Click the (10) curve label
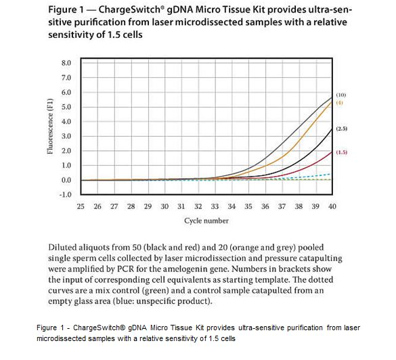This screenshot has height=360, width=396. [x=340, y=95]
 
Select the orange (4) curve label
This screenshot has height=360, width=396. [x=340, y=103]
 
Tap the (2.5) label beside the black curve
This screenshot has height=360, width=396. [x=341, y=129]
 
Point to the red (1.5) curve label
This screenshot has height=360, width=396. [x=341, y=152]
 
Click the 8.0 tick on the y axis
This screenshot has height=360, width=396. [x=66, y=63]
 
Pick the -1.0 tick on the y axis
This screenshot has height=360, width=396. [x=65, y=195]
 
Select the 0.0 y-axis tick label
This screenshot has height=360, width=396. [x=66, y=180]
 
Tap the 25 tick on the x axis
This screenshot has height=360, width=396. [x=81, y=206]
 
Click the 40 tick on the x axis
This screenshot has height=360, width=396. [x=332, y=206]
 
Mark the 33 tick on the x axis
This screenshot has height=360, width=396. [x=215, y=206]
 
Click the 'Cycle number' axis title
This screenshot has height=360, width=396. [x=206, y=221]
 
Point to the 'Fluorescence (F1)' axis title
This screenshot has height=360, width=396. [x=50, y=126]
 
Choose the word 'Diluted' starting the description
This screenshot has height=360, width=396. [x=62, y=247]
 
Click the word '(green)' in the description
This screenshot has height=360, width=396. [x=156, y=290]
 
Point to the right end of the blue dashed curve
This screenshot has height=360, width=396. [x=330, y=174]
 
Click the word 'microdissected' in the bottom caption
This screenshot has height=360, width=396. [x=62, y=338]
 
